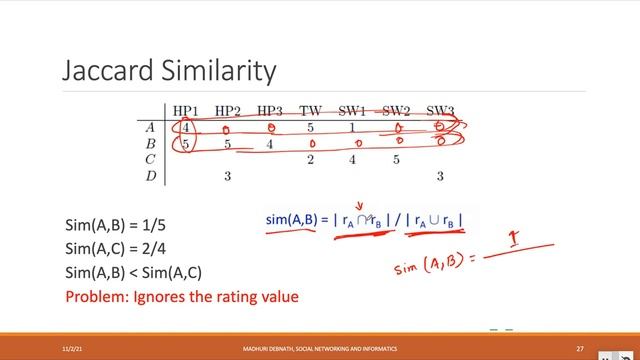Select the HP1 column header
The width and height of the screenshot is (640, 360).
click(187, 110)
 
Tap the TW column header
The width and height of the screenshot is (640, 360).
click(310, 110)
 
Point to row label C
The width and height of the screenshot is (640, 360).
click(150, 159)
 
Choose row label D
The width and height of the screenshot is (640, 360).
click(150, 176)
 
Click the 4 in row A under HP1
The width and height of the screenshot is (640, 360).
click(186, 127)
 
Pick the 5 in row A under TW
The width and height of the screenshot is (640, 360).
click(311, 127)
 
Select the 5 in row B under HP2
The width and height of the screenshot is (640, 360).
click(228, 143)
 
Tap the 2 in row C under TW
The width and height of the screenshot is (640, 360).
click(311, 159)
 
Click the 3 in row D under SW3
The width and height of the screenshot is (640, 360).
click(439, 176)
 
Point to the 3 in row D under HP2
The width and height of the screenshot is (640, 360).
click(228, 176)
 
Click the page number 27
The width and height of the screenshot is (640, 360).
click(580, 347)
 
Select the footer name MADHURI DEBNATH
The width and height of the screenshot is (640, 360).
click(270, 347)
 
